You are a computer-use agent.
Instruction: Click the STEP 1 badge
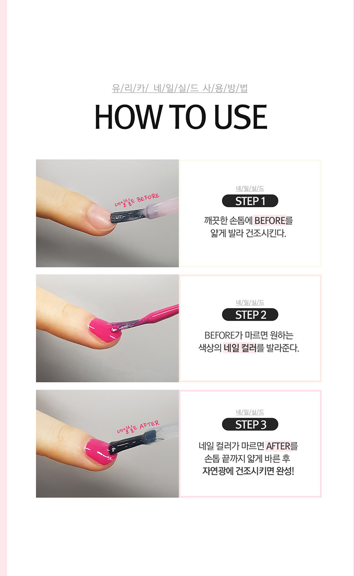coord(250,201)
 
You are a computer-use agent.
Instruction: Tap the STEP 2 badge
coord(250,315)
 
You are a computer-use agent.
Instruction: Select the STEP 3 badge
coord(250,424)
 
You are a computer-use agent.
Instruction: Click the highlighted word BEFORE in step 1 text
coord(270,221)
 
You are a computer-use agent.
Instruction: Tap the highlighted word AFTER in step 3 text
coord(278,446)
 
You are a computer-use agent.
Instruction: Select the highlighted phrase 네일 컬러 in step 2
coord(240,348)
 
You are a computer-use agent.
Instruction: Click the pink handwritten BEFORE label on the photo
coord(148,198)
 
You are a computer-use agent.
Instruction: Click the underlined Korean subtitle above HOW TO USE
coord(180,88)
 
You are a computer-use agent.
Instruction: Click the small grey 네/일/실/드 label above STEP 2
coord(250,303)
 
